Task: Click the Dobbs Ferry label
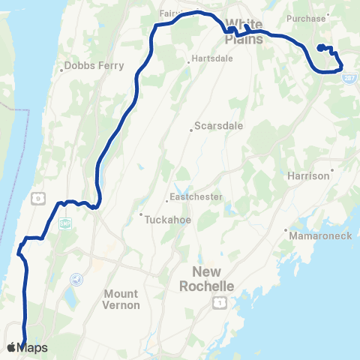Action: pyautogui.click(x=89, y=65)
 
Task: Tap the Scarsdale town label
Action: pyautogui.click(x=218, y=126)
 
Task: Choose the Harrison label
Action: pyautogui.click(x=308, y=175)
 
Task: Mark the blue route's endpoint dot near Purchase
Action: pyautogui.click(x=321, y=48)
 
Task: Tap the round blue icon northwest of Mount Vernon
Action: pyautogui.click(x=75, y=279)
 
